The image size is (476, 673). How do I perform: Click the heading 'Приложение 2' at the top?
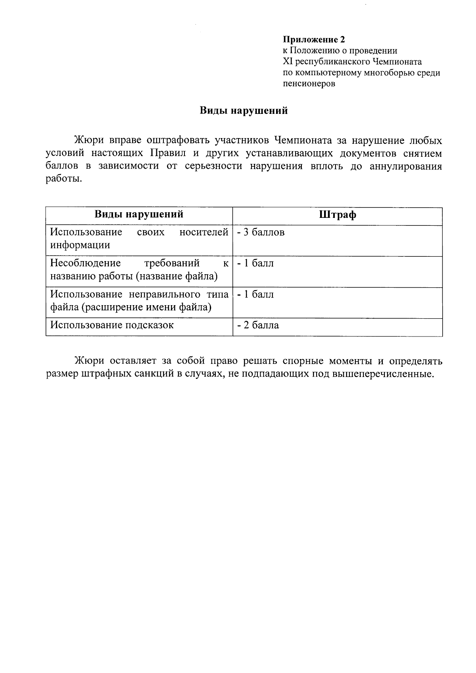click(314, 39)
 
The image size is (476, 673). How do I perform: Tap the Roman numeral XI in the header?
click(287, 62)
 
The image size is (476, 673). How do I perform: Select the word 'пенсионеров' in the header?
click(309, 84)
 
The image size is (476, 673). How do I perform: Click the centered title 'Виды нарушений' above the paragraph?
click(243, 111)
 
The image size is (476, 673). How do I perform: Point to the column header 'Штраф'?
click(337, 215)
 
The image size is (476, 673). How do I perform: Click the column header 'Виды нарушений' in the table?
click(139, 215)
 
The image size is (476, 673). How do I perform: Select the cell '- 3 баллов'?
click(261, 232)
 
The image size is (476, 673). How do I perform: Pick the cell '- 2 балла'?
click(258, 325)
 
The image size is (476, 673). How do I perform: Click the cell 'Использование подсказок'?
click(112, 325)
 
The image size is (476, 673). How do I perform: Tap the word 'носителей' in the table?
click(204, 232)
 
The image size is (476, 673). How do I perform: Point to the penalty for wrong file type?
click(256, 294)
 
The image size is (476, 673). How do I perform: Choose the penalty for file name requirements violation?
click(256, 263)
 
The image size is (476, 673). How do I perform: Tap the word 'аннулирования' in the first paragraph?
click(405, 166)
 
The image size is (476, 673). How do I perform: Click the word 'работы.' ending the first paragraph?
click(64, 179)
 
